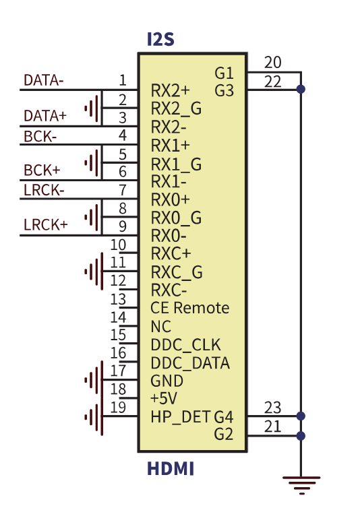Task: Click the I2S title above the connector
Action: pos(160,39)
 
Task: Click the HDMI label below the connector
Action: pos(171,468)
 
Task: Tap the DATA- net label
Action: pos(44,80)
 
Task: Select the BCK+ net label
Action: pos(42,170)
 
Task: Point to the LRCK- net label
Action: pos(44,190)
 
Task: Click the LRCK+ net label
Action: pos(46,224)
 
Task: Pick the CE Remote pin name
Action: pos(190,308)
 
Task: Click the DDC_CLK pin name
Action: pos(185,345)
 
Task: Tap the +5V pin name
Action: pos(164,398)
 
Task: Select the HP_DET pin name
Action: pos(181,417)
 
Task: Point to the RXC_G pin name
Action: pos(177,272)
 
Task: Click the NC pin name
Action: pos(161,327)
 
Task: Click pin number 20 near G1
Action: pos(273,62)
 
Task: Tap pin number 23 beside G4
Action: pos(273,408)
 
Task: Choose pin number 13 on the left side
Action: pos(118,299)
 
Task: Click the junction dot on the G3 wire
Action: pos(301,89)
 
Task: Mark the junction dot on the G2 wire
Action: pos(301,436)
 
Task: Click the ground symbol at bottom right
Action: pos(301,485)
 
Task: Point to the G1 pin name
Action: pos(224,73)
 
